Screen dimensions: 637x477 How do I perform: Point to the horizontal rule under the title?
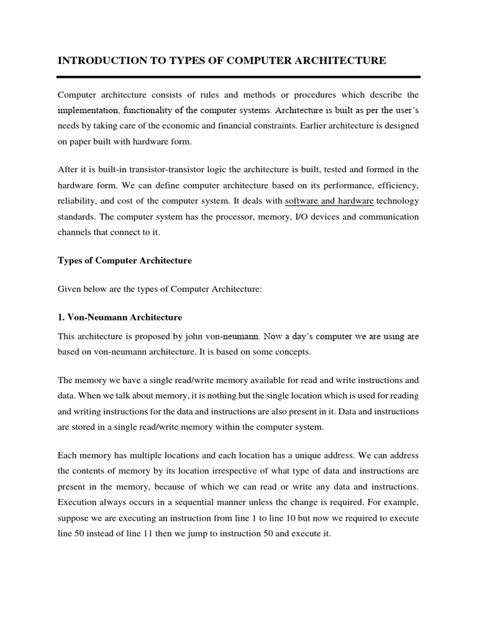point(238,77)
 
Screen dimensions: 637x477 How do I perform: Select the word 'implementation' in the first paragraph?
point(88,110)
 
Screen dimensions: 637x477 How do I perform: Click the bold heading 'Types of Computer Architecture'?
point(125,261)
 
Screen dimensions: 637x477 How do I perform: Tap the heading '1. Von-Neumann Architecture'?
point(120,317)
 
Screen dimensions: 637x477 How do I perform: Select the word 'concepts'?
point(293,352)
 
